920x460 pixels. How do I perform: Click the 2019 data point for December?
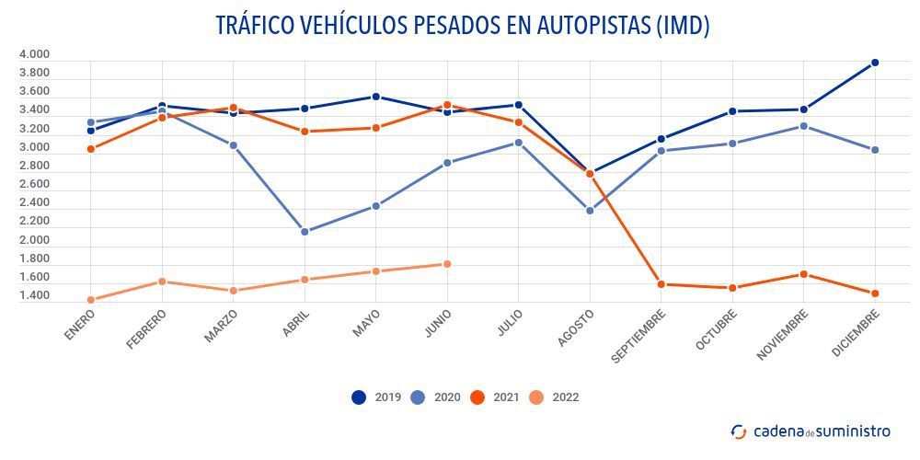pos(875,63)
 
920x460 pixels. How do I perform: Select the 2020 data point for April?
pos(305,232)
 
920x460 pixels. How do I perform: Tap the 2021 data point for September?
pos(661,284)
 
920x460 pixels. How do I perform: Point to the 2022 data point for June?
pos(447,264)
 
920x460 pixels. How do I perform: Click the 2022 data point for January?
pos(91,300)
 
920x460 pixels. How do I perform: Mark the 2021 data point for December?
pos(875,293)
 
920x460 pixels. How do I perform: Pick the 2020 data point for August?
pos(590,211)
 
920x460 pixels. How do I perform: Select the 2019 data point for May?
pos(375,97)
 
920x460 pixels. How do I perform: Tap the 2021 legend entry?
pos(494,397)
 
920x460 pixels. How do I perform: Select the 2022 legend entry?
pos(554,397)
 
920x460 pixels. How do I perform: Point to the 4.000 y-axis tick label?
pos(34,54)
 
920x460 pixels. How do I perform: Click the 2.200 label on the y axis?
pos(34,222)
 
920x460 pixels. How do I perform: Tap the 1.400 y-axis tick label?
pos(34,296)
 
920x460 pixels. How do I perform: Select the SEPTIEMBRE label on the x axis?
pos(640,337)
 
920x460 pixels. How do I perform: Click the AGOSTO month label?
pos(577,328)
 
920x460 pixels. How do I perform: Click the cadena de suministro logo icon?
pos(739,431)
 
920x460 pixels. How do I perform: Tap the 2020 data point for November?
pos(804,126)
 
